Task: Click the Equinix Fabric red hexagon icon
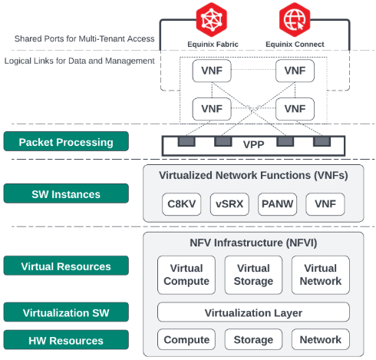click(x=211, y=20)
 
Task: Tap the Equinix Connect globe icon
click(x=295, y=20)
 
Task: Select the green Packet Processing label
click(x=66, y=141)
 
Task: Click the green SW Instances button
click(x=66, y=193)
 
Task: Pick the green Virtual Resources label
click(x=66, y=266)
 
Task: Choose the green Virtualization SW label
click(x=66, y=312)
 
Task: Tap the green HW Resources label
click(x=66, y=340)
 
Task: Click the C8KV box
click(x=182, y=204)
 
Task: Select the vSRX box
click(x=229, y=204)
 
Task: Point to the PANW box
click(x=278, y=204)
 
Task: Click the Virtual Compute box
click(x=186, y=275)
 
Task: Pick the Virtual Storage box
click(x=253, y=275)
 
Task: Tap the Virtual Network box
click(x=321, y=275)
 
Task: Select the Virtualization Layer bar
click(x=253, y=312)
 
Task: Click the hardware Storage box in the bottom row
click(x=253, y=339)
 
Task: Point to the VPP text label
click(x=253, y=144)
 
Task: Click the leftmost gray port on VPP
click(x=186, y=141)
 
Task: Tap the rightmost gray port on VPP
click(x=322, y=141)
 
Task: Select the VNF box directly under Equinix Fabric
click(x=212, y=71)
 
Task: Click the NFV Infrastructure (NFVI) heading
click(x=253, y=243)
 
